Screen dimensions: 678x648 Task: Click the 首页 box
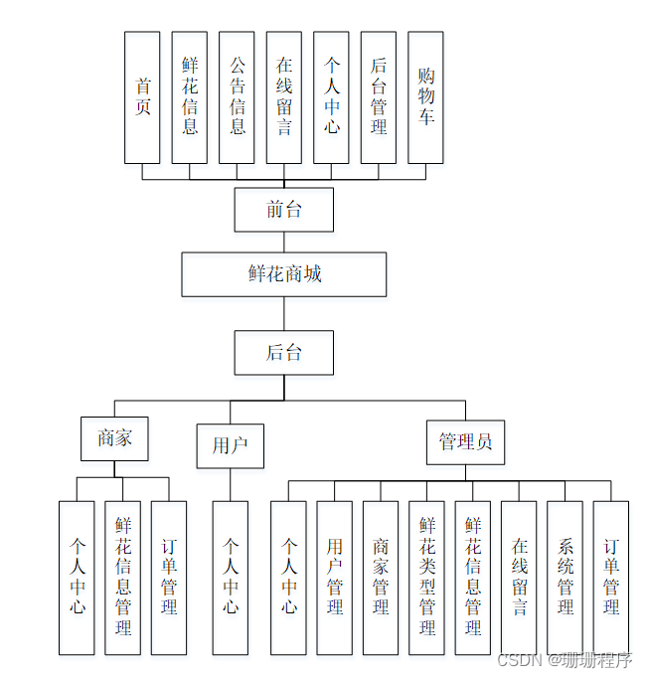pos(142,96)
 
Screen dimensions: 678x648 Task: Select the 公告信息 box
pos(237,96)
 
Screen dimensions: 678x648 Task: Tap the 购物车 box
pos(425,96)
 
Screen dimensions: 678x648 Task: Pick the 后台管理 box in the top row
pos(378,96)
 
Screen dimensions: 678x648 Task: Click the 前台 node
pos(283,209)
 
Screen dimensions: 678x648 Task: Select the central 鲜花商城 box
pos(283,273)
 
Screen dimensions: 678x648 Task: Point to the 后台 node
pos(283,352)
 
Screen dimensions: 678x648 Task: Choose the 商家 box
pos(114,438)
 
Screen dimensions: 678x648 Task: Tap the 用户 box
pos(230,445)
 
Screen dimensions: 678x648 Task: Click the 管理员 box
pos(465,441)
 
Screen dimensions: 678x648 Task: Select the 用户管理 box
pos(334,577)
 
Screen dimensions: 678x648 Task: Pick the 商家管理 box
pos(381,577)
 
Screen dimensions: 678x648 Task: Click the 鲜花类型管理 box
pos(426,577)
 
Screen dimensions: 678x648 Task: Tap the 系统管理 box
pos(565,577)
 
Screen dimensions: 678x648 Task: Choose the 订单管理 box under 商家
pos(169,577)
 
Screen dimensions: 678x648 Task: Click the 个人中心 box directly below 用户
pos(230,577)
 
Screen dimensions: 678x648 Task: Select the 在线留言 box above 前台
pos(283,96)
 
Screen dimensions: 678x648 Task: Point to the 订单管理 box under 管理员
pos(611,577)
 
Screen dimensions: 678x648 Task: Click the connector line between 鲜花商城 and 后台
pos(283,313)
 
